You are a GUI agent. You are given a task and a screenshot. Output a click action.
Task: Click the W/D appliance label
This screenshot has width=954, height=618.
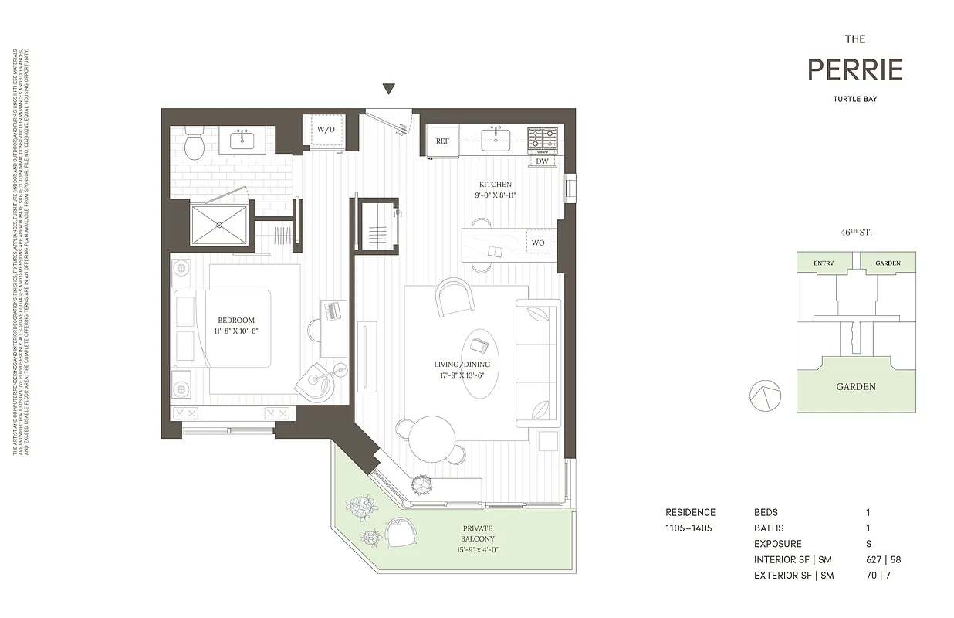[326, 129]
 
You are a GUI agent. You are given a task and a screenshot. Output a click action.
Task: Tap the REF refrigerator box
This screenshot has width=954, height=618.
[442, 141]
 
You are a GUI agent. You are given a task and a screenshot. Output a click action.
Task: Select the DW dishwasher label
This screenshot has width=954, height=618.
[542, 161]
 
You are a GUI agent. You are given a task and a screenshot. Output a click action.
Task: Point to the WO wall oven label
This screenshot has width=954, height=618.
[538, 243]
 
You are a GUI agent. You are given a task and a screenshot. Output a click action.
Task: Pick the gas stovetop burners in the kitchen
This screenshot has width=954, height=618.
[543, 139]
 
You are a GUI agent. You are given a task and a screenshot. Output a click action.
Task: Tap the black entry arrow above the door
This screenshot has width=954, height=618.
[389, 89]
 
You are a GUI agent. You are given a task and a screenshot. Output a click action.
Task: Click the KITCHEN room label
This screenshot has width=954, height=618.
[495, 185]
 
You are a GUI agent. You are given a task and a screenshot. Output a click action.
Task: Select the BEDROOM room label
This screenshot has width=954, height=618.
[235, 320]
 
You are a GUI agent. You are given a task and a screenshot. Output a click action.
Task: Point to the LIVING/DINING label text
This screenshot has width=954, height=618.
[462, 365]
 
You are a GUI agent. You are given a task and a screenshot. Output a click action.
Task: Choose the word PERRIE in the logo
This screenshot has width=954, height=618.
[854, 70]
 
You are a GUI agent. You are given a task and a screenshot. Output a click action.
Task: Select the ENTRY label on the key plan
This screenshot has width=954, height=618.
[824, 263]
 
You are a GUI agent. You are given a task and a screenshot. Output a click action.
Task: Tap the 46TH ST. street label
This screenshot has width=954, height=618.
[855, 232]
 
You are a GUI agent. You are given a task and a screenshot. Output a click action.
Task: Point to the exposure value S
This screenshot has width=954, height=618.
[869, 544]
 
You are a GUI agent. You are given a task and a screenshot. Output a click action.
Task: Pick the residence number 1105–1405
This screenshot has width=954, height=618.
[688, 528]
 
